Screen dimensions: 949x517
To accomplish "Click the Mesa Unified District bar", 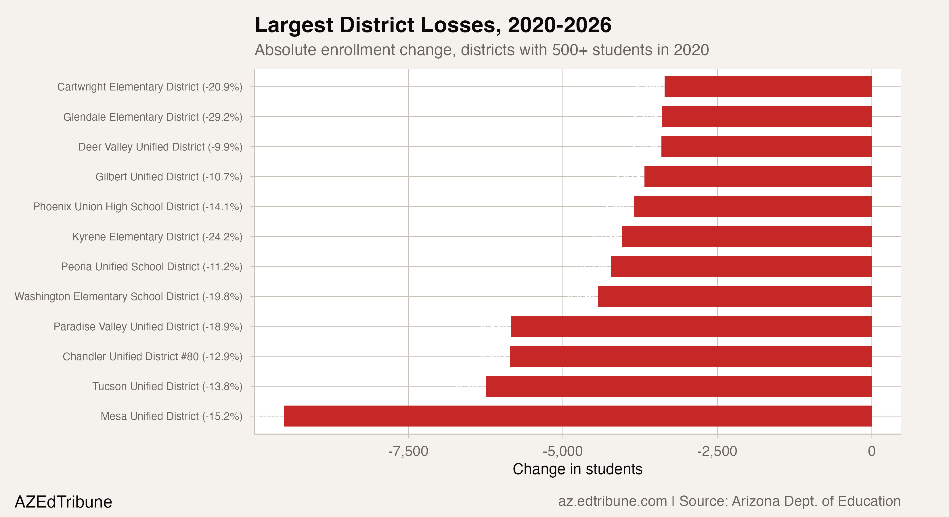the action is (x=578, y=416).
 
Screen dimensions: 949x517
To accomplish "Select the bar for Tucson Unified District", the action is (x=679, y=386).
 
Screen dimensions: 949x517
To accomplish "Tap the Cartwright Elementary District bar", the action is (x=768, y=87).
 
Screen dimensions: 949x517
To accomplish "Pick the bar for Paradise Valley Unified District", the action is (x=691, y=326).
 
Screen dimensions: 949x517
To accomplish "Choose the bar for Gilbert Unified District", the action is (x=758, y=177).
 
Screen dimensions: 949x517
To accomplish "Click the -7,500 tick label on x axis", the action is (x=408, y=451).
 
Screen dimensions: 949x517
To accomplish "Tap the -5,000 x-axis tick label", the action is (x=562, y=451).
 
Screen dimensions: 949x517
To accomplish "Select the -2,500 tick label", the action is (x=717, y=451).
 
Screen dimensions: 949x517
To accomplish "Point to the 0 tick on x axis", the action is (x=871, y=451).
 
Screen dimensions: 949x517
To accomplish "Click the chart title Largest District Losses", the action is (x=433, y=25).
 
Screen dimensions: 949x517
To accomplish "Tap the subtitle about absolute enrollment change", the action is (x=481, y=50).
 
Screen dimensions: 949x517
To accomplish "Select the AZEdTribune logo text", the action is (x=63, y=502).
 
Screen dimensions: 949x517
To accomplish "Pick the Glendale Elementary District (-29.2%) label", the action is (x=152, y=117).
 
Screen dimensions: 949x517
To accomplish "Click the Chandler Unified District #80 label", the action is (x=152, y=356).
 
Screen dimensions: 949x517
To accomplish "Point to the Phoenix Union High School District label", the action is (x=137, y=207).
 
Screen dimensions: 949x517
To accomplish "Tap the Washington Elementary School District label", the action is (x=128, y=297).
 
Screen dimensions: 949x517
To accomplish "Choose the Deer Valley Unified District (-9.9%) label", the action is (x=160, y=147).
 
